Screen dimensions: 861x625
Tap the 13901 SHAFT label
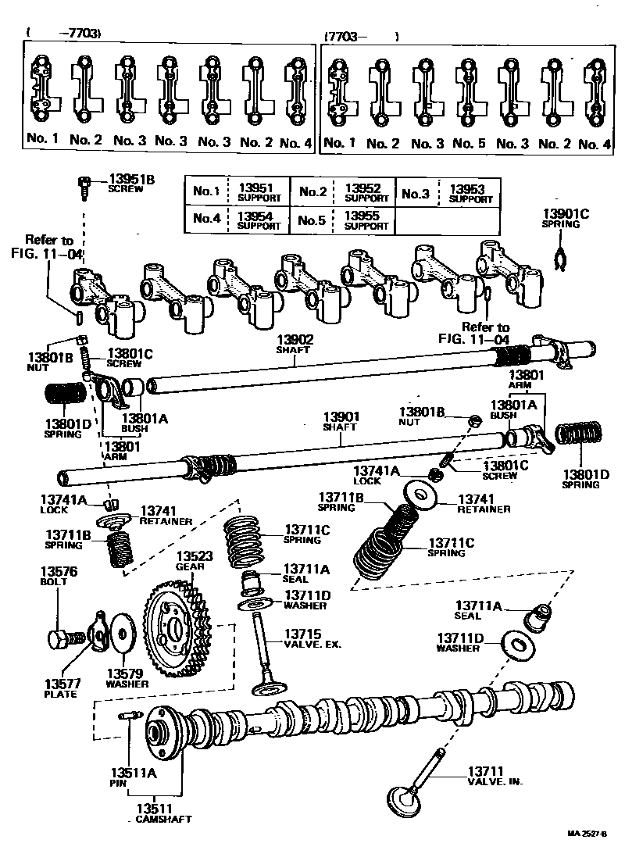pos(340,422)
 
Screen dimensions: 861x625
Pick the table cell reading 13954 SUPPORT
pos(258,220)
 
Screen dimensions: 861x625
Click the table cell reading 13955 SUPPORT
pos(366,220)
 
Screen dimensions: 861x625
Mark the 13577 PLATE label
pos(61,688)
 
